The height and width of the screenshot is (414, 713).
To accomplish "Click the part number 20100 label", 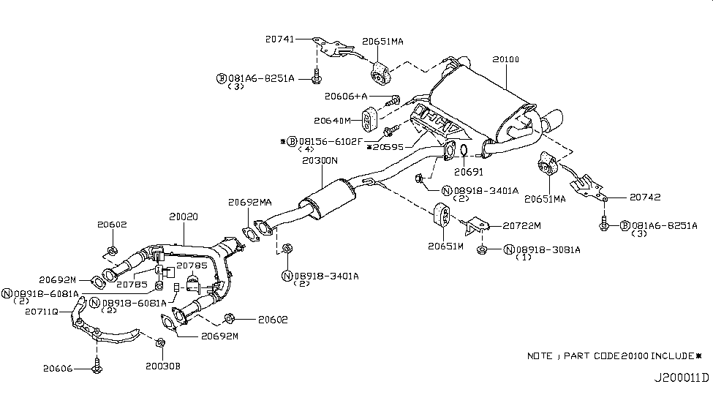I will click(505, 59).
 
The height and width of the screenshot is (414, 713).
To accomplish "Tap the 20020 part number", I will click(184, 217).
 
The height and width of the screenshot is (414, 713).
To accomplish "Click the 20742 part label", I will click(627, 197).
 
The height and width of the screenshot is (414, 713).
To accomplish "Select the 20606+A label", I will click(348, 97).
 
